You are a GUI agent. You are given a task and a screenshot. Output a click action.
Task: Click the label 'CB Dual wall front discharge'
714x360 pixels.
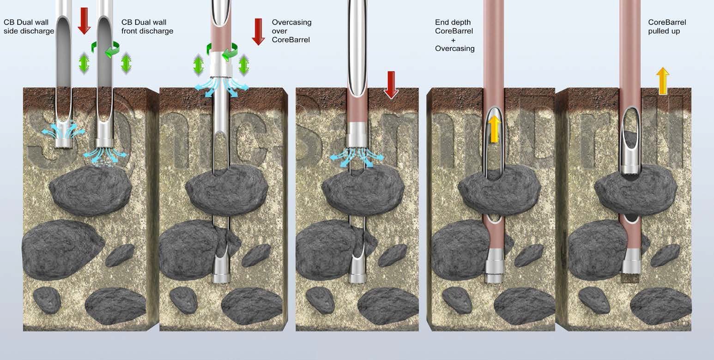(147, 27)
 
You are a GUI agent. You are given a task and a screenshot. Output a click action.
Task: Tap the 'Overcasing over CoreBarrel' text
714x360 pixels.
(291, 31)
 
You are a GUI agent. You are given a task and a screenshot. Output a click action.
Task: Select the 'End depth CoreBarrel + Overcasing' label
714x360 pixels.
(454, 35)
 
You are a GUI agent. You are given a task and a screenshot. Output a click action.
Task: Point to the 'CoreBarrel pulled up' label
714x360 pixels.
(667, 27)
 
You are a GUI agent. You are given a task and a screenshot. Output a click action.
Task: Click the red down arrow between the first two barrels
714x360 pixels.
(84, 20)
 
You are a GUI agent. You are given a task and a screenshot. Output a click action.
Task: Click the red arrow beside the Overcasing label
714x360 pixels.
(258, 31)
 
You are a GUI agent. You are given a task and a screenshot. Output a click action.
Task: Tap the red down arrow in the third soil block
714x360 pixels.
(391, 84)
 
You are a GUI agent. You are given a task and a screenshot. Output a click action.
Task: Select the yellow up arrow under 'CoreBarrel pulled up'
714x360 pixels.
(663, 80)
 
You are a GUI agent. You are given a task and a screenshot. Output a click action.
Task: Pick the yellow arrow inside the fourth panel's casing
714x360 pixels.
(494, 129)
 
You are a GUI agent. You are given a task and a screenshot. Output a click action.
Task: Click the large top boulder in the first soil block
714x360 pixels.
(91, 189)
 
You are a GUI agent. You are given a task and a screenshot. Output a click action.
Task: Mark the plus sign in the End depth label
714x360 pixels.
(454, 40)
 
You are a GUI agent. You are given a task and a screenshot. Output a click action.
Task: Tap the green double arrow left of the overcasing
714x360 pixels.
(199, 65)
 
